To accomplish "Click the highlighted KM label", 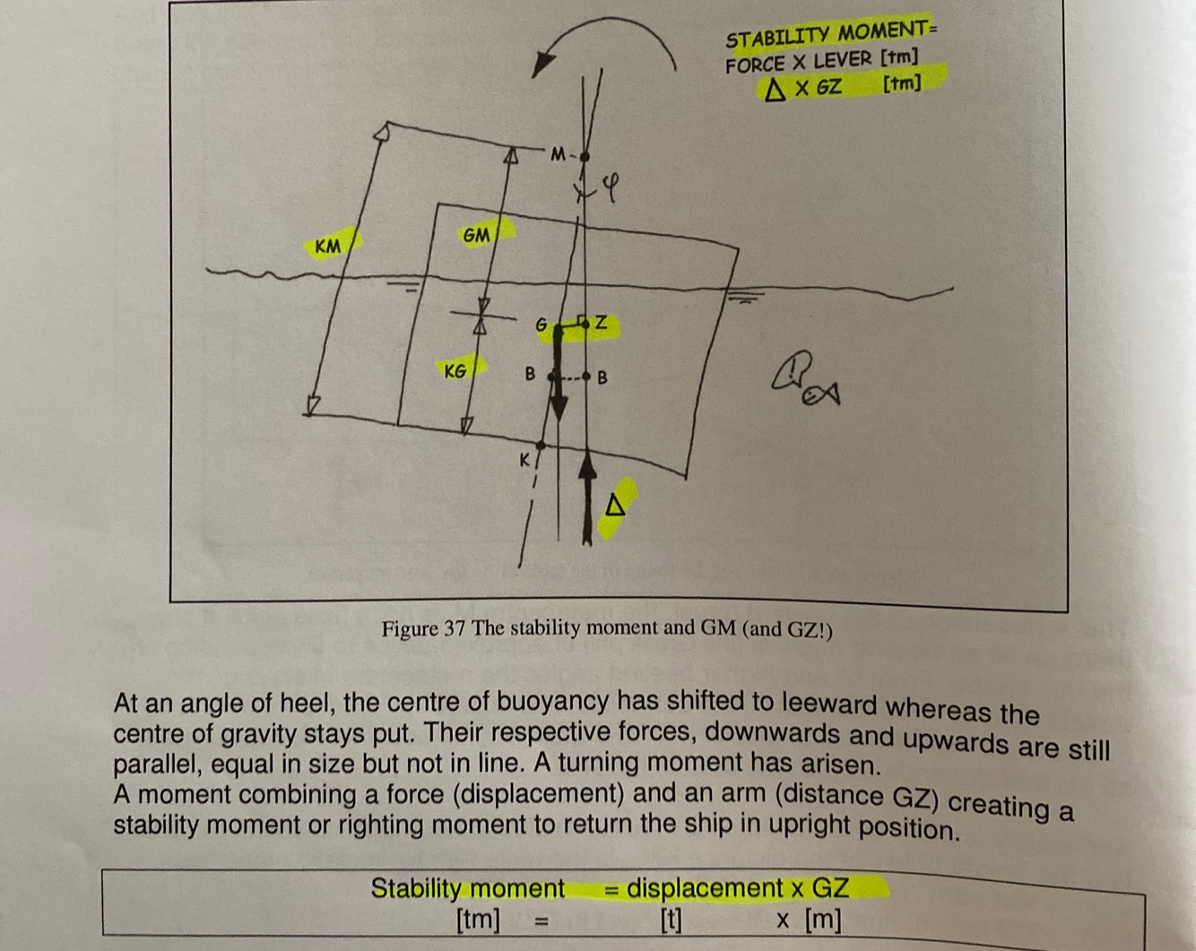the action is click(x=329, y=245).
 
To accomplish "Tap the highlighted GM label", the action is click(x=477, y=235).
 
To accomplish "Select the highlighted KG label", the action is click(x=455, y=370).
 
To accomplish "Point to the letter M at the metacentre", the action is click(x=559, y=154).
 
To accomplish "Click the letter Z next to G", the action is click(x=601, y=323).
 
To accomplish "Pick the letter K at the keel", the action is click(x=525, y=460).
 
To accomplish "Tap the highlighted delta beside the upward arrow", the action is click(x=615, y=506).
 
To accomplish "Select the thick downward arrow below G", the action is click(x=558, y=376).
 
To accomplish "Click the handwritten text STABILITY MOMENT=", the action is click(x=829, y=35).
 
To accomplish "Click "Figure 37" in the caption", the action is click(x=423, y=628).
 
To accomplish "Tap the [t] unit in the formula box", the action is click(x=671, y=920).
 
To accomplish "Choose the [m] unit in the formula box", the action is click(x=822, y=920).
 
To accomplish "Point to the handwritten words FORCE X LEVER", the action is click(x=798, y=62).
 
